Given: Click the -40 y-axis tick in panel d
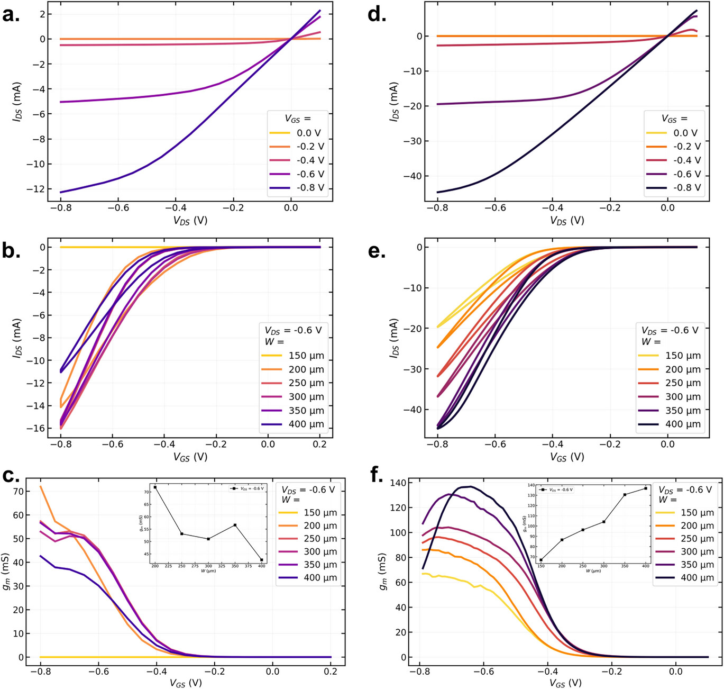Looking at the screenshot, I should click(x=410, y=176).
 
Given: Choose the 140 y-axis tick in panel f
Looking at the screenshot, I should click(x=397, y=483).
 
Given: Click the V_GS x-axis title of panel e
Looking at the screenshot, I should click(x=566, y=456).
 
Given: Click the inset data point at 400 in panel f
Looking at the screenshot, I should click(x=646, y=488).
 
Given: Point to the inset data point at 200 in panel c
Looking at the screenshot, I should click(x=155, y=487).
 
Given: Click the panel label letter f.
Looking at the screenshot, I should click(x=377, y=475).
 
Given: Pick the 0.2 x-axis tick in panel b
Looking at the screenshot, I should click(x=319, y=443).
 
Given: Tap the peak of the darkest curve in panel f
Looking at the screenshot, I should click(x=470, y=486).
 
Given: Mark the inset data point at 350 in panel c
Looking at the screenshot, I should click(x=235, y=525).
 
